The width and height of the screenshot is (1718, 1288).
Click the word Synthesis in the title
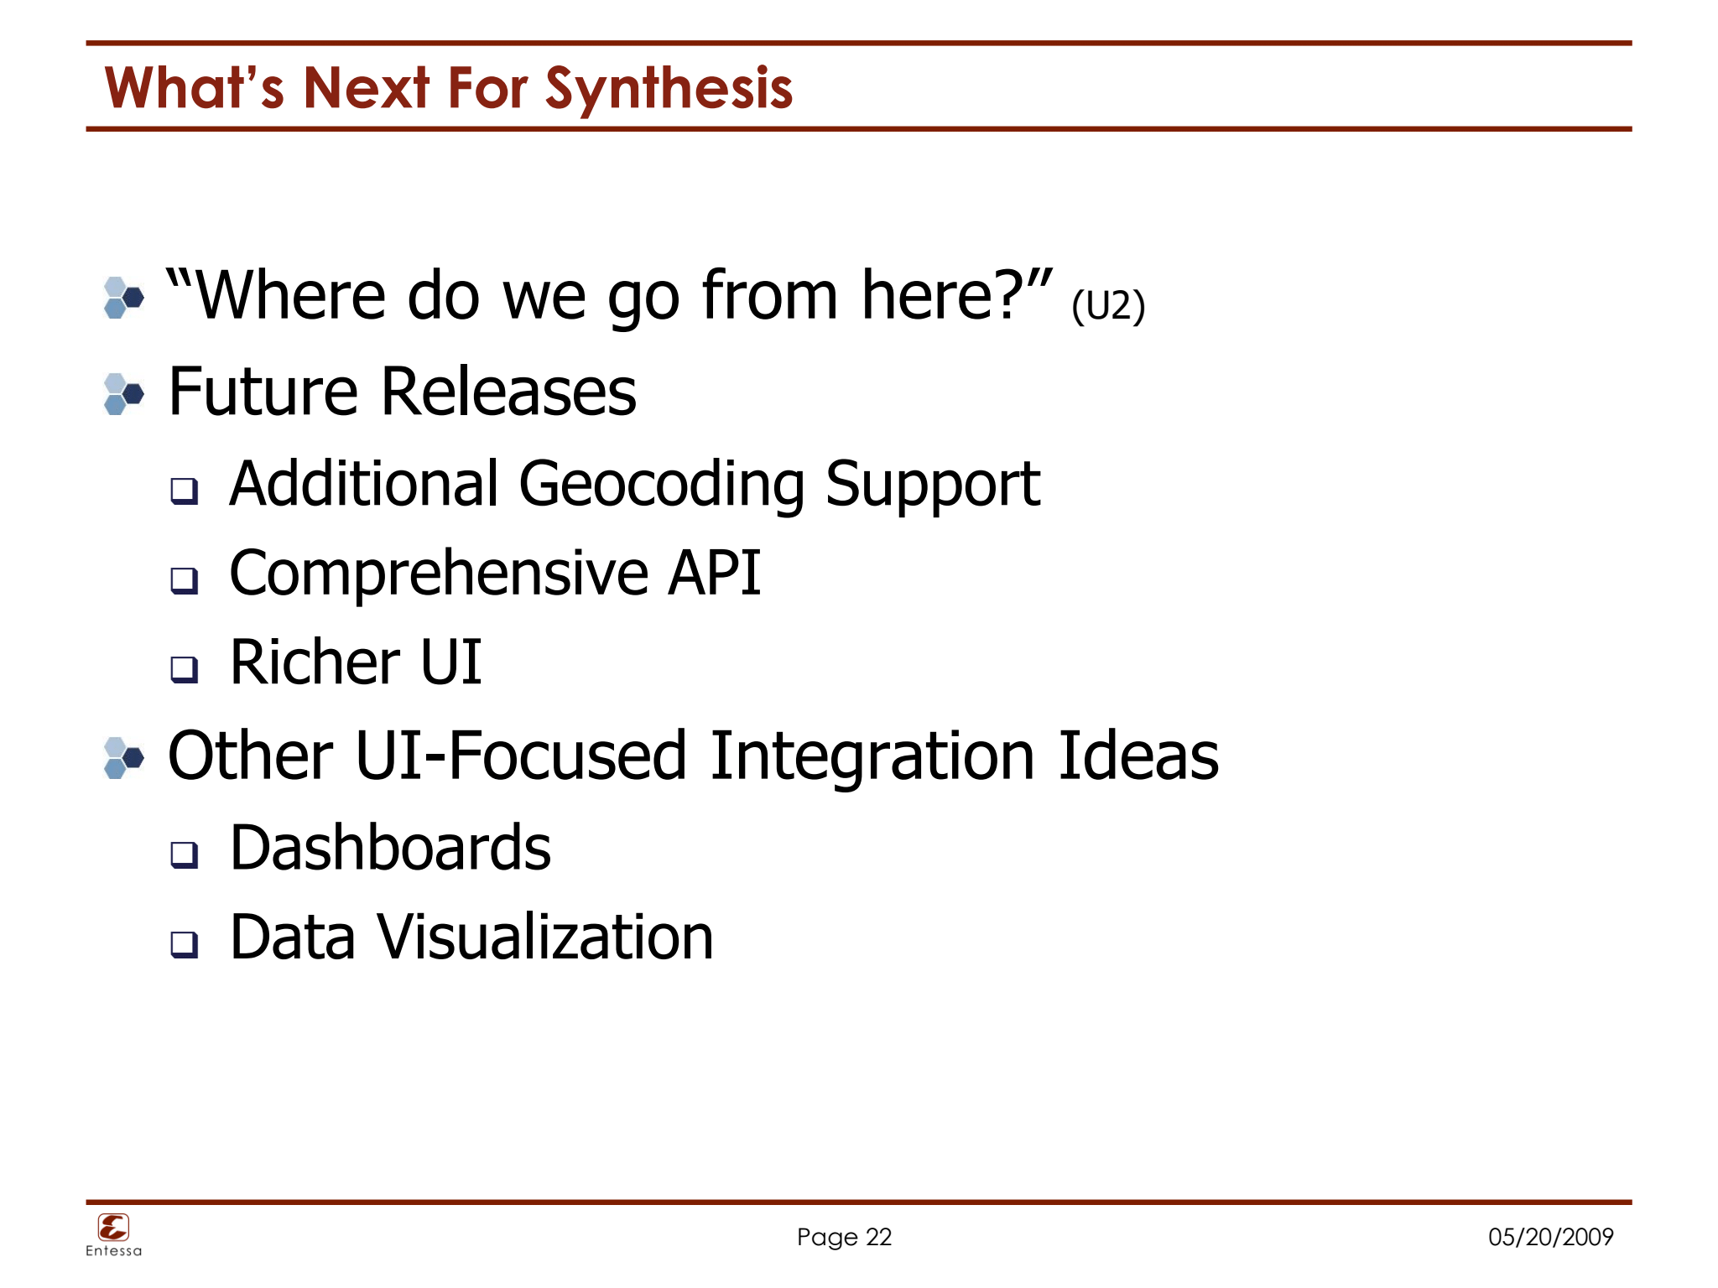click(x=669, y=89)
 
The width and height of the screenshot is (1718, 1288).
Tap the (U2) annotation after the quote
click(x=1107, y=305)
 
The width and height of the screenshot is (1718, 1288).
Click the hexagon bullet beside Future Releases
click(x=123, y=394)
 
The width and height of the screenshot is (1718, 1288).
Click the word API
click(x=714, y=574)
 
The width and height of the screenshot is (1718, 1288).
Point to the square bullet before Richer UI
click(x=184, y=668)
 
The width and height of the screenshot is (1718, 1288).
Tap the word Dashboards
click(x=390, y=848)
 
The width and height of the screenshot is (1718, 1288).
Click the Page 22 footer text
click(x=844, y=1237)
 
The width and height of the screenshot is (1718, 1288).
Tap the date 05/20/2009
click(x=1550, y=1237)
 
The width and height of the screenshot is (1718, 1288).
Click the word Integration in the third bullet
click(x=872, y=756)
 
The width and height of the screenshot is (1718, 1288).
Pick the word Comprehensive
click(x=439, y=574)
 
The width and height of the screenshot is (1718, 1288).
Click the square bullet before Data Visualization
click(x=184, y=943)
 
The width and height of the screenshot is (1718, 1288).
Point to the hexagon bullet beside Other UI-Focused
click(x=123, y=758)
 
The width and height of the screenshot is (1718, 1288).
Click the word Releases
click(x=508, y=392)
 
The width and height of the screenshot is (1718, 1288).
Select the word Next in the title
click(x=367, y=89)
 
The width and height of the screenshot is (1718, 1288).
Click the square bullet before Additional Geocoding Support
click(x=184, y=490)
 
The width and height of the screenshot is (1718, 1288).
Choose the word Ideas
click(x=1138, y=756)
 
